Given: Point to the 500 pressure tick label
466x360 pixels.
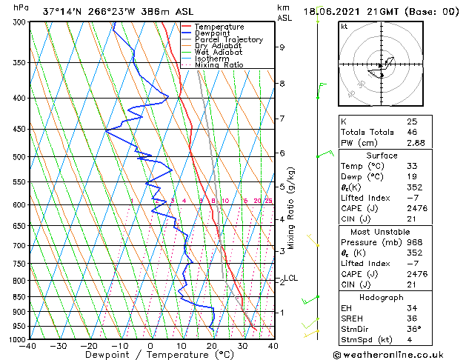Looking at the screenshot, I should click(17, 157).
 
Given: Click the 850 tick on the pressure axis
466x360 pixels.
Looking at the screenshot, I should click(17, 297).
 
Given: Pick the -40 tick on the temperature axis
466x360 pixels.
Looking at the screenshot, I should click(28, 346).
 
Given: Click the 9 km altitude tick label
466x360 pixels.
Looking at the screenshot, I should click(282, 47).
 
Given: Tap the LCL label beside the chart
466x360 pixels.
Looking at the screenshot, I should click(290, 279).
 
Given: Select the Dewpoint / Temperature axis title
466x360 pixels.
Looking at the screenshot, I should click(150, 355).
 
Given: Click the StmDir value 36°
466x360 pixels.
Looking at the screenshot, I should click(413, 329).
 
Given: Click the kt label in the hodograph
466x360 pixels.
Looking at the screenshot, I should click(344, 26).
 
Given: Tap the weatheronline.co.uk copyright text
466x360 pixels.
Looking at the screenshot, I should click(397, 354).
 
